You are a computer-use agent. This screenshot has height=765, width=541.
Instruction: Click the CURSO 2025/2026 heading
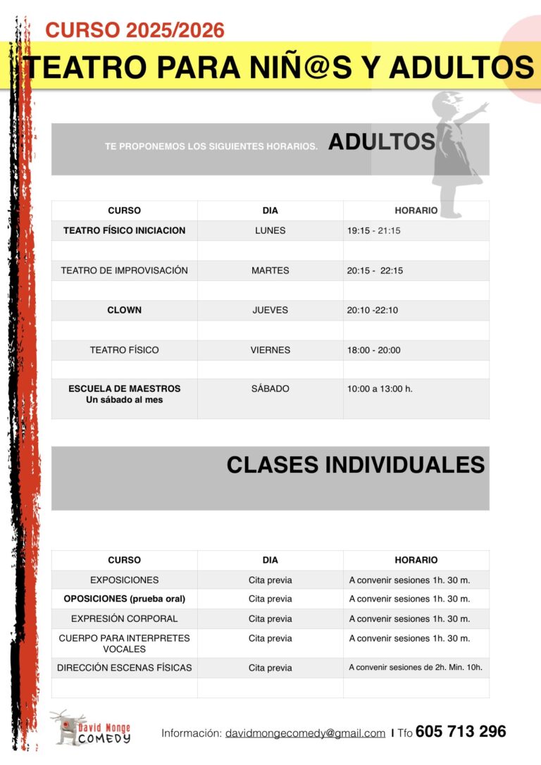[135, 30]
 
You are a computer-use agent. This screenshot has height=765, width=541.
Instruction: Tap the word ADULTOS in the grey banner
[381, 142]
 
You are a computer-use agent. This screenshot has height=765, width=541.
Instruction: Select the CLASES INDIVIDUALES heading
[355, 465]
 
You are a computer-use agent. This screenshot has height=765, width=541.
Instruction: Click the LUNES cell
[270, 230]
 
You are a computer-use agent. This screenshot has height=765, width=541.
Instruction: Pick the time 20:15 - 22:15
[375, 270]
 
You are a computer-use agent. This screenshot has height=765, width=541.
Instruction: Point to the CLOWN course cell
[124, 310]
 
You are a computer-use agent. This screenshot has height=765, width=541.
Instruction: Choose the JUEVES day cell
[270, 310]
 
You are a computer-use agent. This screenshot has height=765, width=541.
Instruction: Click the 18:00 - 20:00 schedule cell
[373, 350]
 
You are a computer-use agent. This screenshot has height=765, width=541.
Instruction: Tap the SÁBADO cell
[270, 389]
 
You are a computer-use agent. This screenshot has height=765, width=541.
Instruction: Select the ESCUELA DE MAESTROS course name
[124, 389]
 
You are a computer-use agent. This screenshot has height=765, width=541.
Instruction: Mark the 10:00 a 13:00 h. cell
[380, 389]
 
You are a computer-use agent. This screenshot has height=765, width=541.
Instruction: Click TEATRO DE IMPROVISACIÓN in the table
[124, 270]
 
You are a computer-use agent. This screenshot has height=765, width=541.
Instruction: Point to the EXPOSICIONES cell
[124, 580]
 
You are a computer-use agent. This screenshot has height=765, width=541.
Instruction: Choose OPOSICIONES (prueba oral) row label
[124, 599]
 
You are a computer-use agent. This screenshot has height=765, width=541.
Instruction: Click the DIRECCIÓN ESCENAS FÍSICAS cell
[124, 668]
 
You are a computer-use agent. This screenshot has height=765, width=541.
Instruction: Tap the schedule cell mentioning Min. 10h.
[416, 668]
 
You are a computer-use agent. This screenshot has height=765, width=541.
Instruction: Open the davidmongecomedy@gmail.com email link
[305, 733]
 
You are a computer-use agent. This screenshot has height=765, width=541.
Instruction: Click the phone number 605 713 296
[461, 732]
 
